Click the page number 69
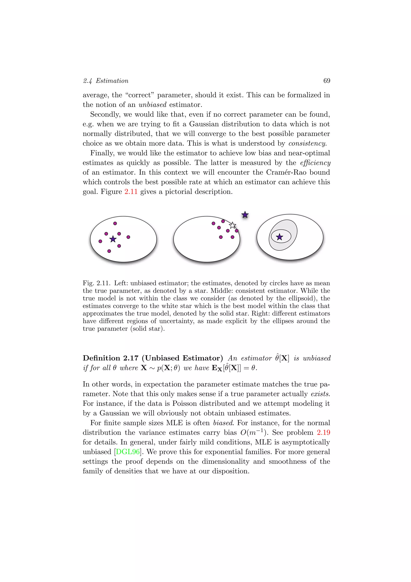(x=327, y=81)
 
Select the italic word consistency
(x=307, y=143)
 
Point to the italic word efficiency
(x=315, y=163)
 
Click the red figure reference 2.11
(x=131, y=192)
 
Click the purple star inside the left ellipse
(x=113, y=239)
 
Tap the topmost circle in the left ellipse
(x=115, y=223)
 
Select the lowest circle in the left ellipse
(x=109, y=251)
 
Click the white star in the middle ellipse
(x=232, y=225)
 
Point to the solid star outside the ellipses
(x=245, y=215)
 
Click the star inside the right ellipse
(x=279, y=237)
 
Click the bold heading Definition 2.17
(x=110, y=358)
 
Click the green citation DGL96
(x=128, y=452)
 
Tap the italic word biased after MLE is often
(x=223, y=423)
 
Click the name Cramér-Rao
(x=286, y=172)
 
